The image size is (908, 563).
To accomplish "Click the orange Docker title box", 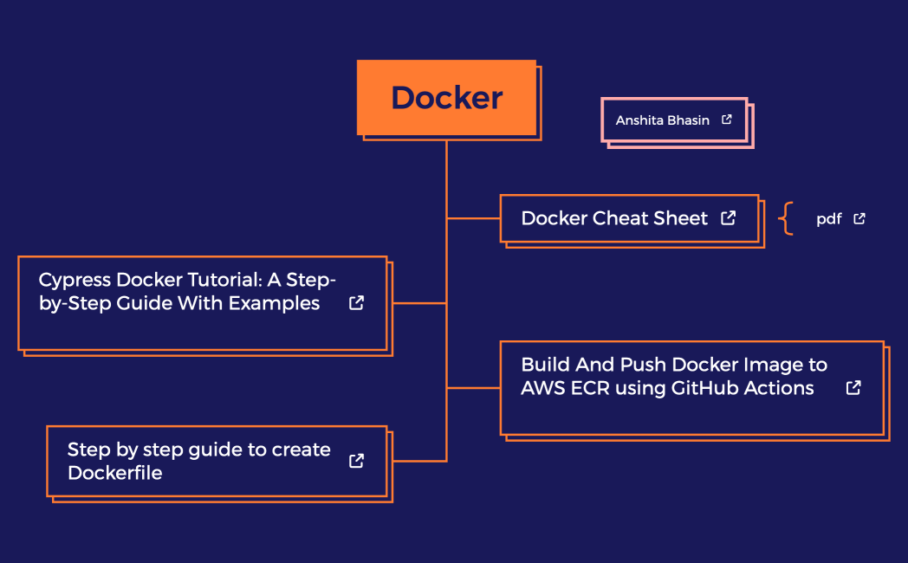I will tap(446, 97).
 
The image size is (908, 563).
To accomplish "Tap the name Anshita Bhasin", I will tap(662, 120).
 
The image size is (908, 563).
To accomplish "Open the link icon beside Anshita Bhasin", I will tap(727, 120).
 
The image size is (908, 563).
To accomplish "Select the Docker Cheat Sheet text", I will tap(614, 218).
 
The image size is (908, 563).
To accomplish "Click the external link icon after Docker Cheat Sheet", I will tap(729, 218).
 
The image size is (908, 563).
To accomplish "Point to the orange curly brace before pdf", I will tap(786, 218).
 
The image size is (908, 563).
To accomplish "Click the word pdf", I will tap(828, 219).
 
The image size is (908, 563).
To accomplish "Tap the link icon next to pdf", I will tap(859, 219).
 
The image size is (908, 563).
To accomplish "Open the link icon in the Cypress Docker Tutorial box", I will tap(356, 303).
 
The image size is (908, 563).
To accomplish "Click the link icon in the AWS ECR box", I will tap(853, 387).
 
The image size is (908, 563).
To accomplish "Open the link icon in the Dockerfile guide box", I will tap(356, 461).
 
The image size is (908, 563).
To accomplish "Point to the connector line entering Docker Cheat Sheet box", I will tap(473, 218).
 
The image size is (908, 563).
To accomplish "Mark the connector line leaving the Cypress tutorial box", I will tap(419, 303).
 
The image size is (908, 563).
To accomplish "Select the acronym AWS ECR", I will tap(564, 388).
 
